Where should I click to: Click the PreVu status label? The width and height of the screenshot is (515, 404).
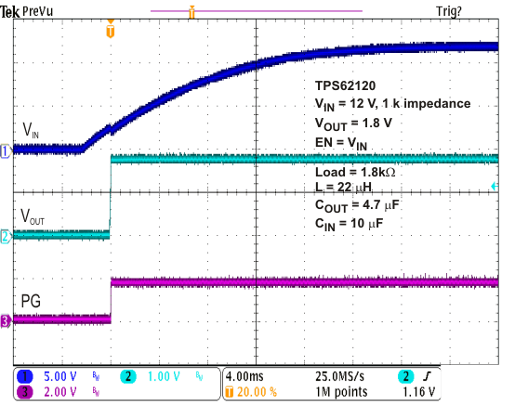(x=39, y=10)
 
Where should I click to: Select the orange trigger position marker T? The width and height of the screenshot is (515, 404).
(x=111, y=32)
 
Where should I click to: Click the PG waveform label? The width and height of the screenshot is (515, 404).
(x=31, y=301)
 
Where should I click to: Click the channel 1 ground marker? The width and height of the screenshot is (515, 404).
(x=5, y=150)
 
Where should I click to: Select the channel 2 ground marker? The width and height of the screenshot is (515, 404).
(x=5, y=237)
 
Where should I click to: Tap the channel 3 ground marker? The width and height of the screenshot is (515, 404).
(x=5, y=321)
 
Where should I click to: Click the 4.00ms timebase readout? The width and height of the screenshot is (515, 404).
(x=246, y=378)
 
